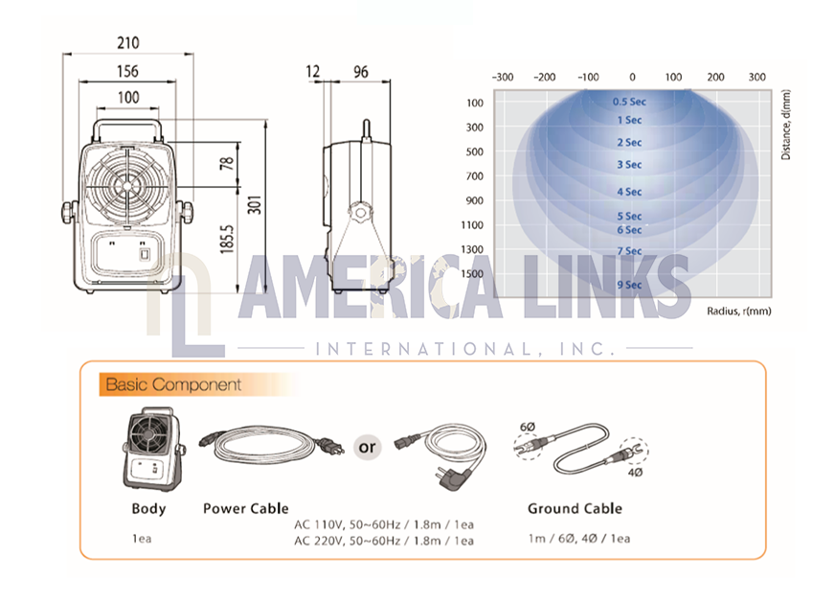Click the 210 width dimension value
pos(128,42)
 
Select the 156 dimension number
pos(127,72)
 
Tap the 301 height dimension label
pos(255,205)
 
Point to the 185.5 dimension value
pos(227,239)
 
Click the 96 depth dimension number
pos(361,72)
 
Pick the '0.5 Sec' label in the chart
pos(629,102)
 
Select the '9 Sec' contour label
pos(629,285)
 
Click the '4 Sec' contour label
pos(629,192)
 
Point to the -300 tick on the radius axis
pos(502,78)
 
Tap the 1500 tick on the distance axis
pos(472,273)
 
